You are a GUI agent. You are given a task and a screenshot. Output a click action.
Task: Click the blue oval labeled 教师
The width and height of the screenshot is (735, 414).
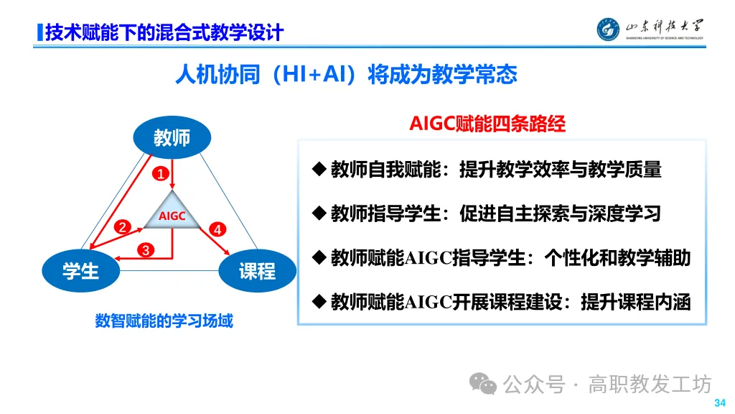tap(172, 137)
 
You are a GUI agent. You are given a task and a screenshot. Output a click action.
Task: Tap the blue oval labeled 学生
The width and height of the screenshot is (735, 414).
tap(80, 270)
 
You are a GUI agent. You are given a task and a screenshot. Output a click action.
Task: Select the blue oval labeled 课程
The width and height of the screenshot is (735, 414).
tap(257, 270)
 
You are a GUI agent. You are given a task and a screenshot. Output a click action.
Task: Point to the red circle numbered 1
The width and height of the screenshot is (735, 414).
tap(161, 173)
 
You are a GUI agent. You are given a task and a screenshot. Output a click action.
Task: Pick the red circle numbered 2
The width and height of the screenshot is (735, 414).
tap(123, 227)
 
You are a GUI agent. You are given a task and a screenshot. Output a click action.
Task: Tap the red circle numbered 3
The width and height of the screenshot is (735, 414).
tap(146, 250)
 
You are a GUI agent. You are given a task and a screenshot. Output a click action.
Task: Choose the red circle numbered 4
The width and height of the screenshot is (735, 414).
tap(217, 229)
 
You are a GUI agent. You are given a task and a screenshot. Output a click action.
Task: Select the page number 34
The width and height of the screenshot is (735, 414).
tap(719, 402)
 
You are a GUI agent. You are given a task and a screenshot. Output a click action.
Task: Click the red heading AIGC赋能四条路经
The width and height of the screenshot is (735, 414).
tap(487, 124)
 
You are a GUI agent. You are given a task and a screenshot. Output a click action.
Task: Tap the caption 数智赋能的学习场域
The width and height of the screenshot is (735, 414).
tap(164, 321)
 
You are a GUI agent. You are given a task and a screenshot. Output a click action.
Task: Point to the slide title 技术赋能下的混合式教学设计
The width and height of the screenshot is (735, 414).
tap(164, 32)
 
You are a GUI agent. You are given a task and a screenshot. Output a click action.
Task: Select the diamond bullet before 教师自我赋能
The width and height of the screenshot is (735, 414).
tap(319, 170)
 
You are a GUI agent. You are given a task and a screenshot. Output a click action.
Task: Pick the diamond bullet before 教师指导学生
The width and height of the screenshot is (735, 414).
tap(319, 213)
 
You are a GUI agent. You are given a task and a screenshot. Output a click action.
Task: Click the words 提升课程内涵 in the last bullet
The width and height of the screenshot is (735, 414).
tap(635, 302)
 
